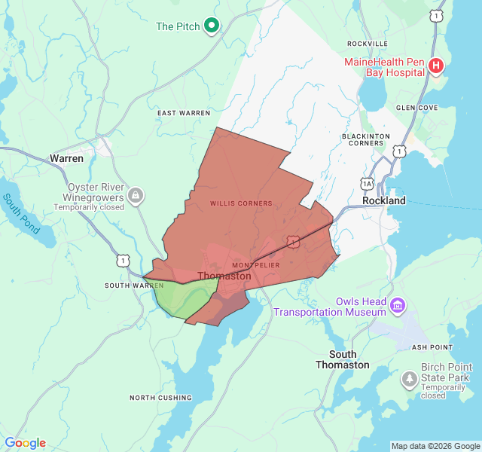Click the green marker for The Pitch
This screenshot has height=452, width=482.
click(x=212, y=26)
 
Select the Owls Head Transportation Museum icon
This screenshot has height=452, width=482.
click(x=398, y=306)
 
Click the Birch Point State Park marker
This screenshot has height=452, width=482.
click(x=410, y=378)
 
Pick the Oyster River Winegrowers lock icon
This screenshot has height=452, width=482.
click(x=135, y=196)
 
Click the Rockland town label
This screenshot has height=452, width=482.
click(x=383, y=200)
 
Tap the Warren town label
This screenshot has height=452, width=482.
click(x=66, y=158)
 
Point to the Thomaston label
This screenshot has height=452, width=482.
click(x=224, y=276)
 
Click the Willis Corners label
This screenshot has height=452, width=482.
click(x=241, y=203)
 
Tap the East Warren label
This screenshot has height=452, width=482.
click(x=184, y=113)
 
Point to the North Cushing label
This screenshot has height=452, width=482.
click(x=160, y=398)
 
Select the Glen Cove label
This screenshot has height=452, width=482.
click(x=416, y=108)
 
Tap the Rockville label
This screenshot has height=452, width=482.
click(x=368, y=44)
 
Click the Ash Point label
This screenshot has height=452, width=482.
click(x=432, y=347)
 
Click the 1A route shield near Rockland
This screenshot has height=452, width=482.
click(x=367, y=183)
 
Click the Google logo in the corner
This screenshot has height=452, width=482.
click(x=26, y=443)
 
